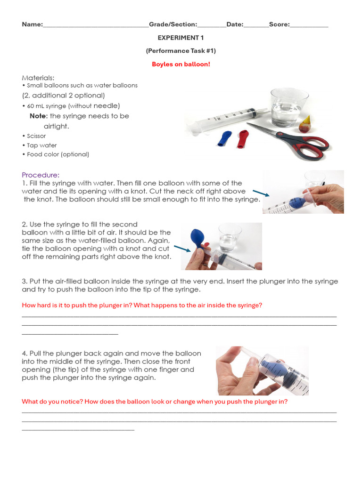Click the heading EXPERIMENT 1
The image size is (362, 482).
pyautogui.click(x=181, y=38)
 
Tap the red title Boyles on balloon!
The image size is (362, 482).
pyautogui.click(x=181, y=64)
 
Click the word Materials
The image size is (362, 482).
pyautogui.click(x=38, y=77)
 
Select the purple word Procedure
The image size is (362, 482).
pyautogui.click(x=41, y=175)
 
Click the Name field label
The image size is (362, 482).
pyautogui.click(x=32, y=24)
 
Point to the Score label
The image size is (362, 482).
pyautogui.click(x=279, y=24)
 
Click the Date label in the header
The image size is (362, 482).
pyautogui.click(x=234, y=24)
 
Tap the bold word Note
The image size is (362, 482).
pyautogui.click(x=38, y=116)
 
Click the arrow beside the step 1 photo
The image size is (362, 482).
pyautogui.click(x=261, y=193)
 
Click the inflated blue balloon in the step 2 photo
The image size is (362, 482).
pyautogui.click(x=196, y=238)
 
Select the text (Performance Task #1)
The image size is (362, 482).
pyautogui.click(x=181, y=51)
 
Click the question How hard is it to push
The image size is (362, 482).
pyautogui.click(x=142, y=305)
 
